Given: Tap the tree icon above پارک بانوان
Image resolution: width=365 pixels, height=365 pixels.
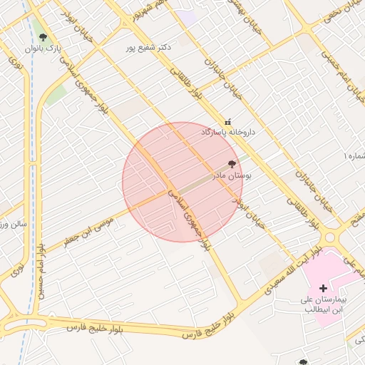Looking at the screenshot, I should tap(43, 37).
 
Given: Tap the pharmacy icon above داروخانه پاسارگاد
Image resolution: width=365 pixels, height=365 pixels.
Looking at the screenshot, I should tap(228, 121).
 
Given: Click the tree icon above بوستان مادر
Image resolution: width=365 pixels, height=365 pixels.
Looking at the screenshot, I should tap(231, 163).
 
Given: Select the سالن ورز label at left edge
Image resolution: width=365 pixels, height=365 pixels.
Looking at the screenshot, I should tap(13, 224).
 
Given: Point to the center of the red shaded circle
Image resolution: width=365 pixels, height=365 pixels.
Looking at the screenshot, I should tap(182, 182).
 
